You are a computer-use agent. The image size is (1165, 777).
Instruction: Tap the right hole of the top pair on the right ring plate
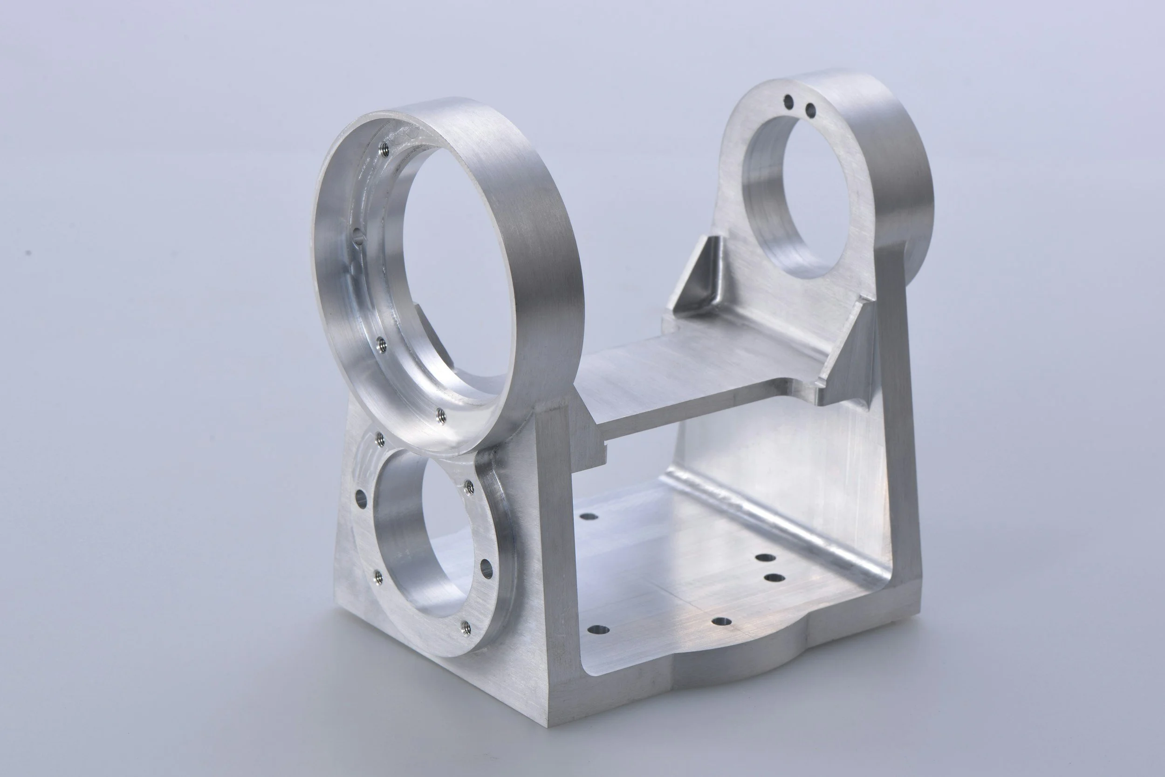[810, 109]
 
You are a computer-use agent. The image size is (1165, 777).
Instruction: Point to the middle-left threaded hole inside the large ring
[380, 343]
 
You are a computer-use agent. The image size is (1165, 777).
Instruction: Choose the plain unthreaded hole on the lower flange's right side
[487, 569]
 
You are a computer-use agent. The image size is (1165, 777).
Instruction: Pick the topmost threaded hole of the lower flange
[380, 438]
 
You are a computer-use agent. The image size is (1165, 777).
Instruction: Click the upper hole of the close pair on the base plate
[766, 558]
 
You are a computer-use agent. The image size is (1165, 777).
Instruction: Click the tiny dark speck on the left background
[29, 253]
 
